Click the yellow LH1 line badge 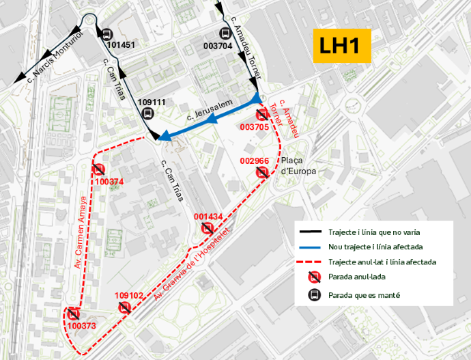341,47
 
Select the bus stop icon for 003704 225,33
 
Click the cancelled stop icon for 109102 125,307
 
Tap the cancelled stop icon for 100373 74,314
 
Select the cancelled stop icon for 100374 99,170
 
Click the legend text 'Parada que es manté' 363,296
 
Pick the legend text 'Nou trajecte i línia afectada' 376,247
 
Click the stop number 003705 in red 255,127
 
